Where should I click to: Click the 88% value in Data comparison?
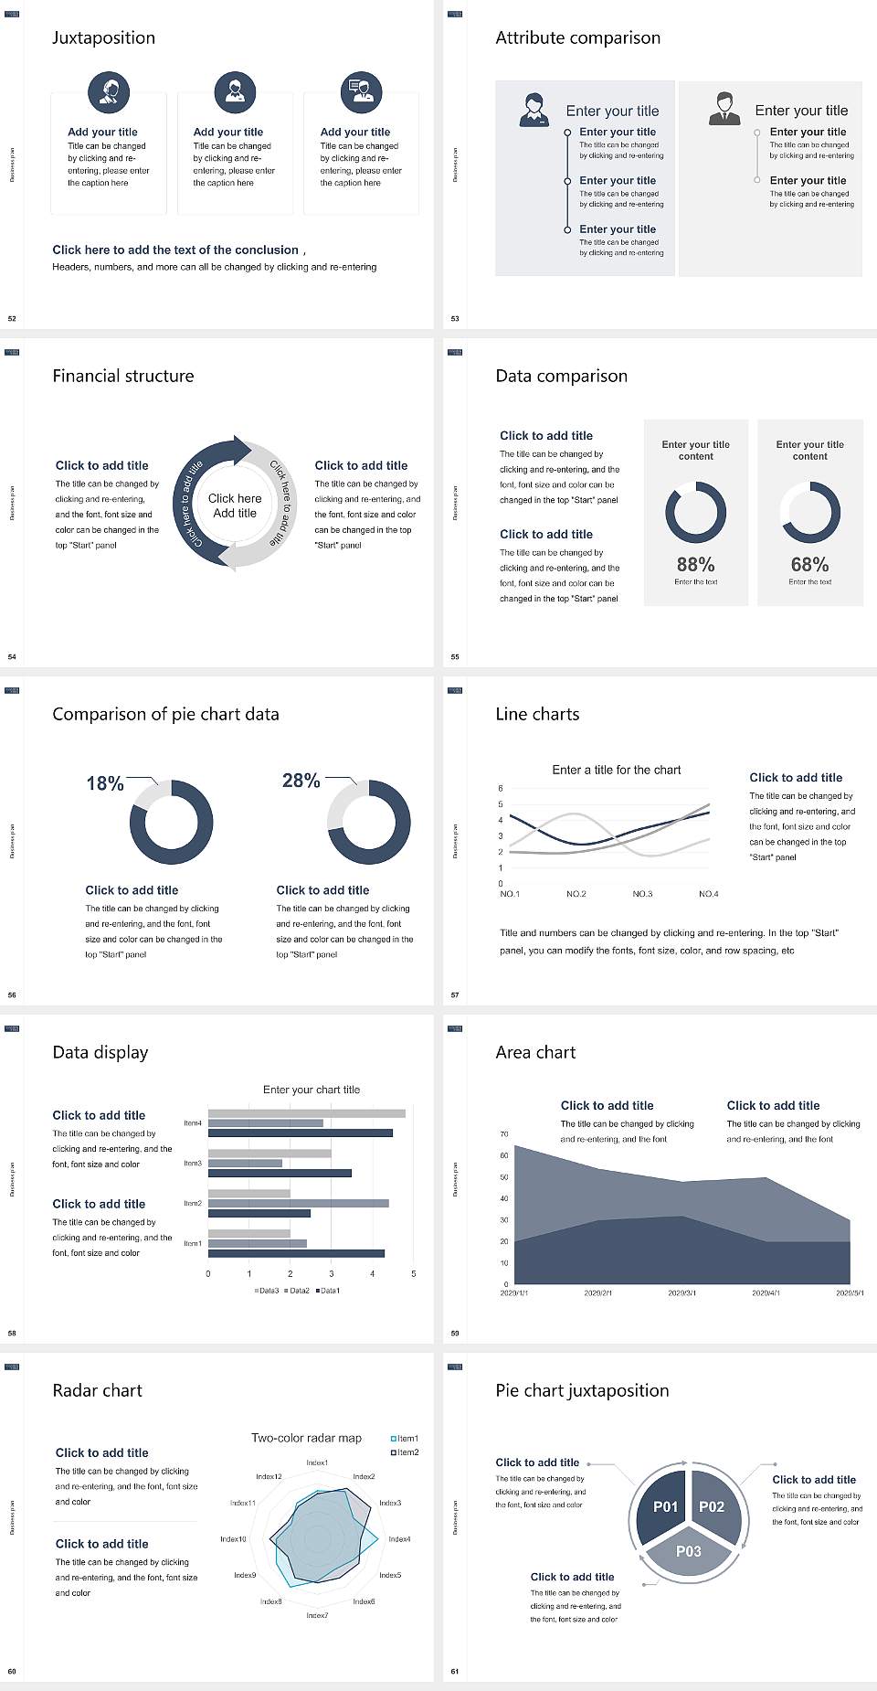pyautogui.click(x=695, y=565)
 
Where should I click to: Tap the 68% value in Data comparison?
pyautogui.click(x=809, y=565)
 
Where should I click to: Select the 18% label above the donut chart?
pyautogui.click(x=105, y=783)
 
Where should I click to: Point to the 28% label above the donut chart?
pyautogui.click(x=301, y=781)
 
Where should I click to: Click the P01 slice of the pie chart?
pyautogui.click(x=665, y=1506)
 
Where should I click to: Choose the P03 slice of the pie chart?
pyautogui.click(x=689, y=1551)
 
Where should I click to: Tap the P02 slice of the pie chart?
pyautogui.click(x=712, y=1506)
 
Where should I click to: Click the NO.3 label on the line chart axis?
pyautogui.click(x=642, y=894)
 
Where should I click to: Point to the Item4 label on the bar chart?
pyautogui.click(x=193, y=1123)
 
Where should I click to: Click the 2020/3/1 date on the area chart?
pyautogui.click(x=682, y=1293)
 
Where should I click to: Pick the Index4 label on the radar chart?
pyautogui.click(x=399, y=1539)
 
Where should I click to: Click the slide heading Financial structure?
pyautogui.click(x=123, y=376)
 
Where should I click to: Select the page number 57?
pyautogui.click(x=455, y=994)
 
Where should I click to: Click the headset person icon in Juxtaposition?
pyautogui.click(x=109, y=91)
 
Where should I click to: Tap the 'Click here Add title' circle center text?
pyautogui.click(x=235, y=505)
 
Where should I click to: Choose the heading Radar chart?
pyautogui.click(x=98, y=1390)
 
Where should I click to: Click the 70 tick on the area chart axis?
pyautogui.click(x=504, y=1134)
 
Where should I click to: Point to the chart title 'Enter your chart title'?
pyautogui.click(x=312, y=1090)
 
